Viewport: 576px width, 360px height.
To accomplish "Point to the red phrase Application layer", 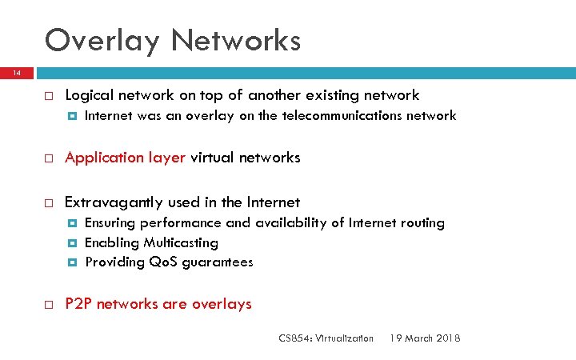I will (x=125, y=158).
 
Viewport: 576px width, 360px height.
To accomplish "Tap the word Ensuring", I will (x=112, y=223).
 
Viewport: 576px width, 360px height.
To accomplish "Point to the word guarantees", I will (x=218, y=262).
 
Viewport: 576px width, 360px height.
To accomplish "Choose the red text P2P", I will (x=78, y=304).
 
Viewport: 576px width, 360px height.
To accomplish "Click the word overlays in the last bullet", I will (x=223, y=304).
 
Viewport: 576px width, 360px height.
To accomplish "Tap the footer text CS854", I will (x=294, y=338).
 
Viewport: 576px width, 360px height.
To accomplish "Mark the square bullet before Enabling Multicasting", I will (x=73, y=243).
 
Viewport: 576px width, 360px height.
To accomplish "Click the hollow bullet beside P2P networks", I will (x=48, y=305).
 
